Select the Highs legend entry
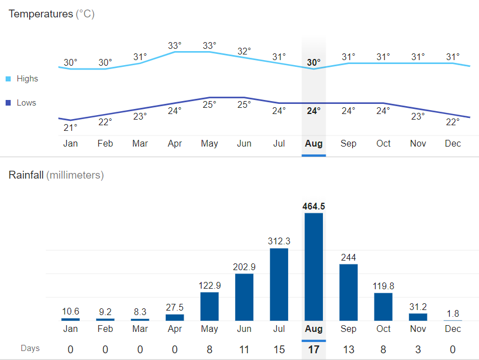(x=27, y=79)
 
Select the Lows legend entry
(x=26, y=103)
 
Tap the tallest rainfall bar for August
(x=313, y=266)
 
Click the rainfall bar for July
(x=279, y=284)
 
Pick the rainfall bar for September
(x=348, y=292)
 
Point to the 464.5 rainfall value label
(x=313, y=206)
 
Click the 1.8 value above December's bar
(x=453, y=313)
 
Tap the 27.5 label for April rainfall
(x=175, y=307)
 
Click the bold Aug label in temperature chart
(x=313, y=144)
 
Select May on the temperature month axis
(x=209, y=144)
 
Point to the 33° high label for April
(x=175, y=45)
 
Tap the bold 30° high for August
(x=313, y=62)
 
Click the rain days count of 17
(x=313, y=349)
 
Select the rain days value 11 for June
(x=244, y=349)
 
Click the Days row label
(x=30, y=348)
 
